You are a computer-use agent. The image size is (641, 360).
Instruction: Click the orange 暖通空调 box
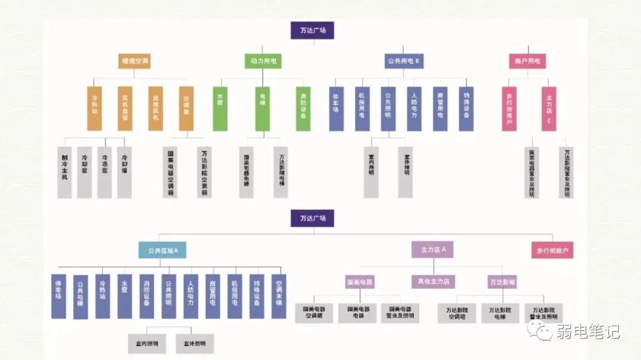(135, 61)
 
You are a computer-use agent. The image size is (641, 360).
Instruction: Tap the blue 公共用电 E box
(404, 61)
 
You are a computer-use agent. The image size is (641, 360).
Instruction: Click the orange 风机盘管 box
(125, 109)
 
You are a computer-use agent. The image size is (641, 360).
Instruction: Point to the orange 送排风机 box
(156, 109)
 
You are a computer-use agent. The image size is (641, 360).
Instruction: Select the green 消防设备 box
(303, 109)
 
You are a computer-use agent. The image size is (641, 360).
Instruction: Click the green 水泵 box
(220, 109)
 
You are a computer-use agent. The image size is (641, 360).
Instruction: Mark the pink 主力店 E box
(549, 109)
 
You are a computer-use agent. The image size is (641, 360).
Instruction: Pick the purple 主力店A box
(433, 250)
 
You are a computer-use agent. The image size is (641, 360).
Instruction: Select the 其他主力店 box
(433, 281)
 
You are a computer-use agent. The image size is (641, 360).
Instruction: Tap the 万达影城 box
(503, 281)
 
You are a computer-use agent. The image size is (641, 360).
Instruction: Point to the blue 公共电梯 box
(81, 296)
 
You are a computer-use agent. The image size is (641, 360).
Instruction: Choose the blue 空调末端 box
(279, 296)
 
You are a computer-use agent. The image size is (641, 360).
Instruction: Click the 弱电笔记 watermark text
(588, 332)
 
